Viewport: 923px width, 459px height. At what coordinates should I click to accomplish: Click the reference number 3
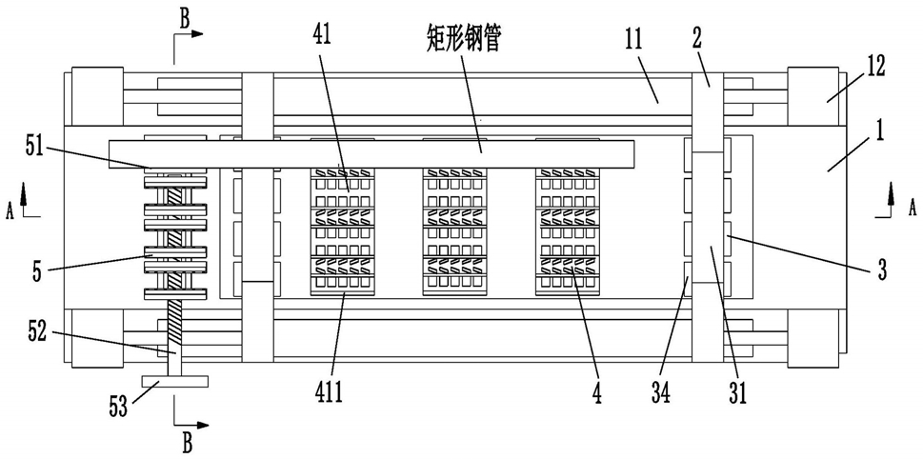point(884,270)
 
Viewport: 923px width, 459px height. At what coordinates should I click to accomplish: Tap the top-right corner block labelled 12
point(812,96)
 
